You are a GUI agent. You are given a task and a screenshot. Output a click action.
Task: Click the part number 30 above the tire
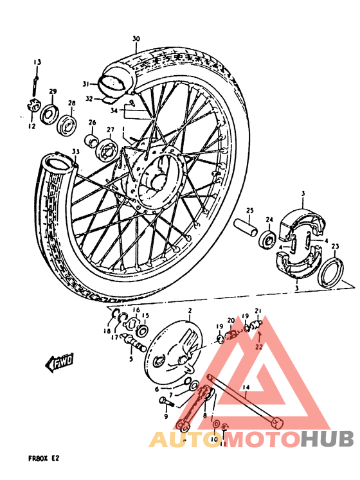[x=136, y=39]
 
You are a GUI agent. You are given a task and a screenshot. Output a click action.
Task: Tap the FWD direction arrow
[x=58, y=364]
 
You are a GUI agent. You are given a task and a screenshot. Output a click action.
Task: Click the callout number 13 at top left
[x=37, y=62]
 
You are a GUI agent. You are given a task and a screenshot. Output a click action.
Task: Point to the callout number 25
[x=250, y=210]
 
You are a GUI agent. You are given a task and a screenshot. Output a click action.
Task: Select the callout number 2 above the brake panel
[x=190, y=311]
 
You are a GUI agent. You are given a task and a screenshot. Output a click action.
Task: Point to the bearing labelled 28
[x=67, y=125]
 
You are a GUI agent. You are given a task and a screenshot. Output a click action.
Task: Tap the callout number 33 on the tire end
[x=76, y=152]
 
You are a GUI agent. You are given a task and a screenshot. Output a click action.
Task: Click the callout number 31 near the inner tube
[x=85, y=84]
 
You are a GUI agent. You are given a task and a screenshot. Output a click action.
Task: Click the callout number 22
[x=259, y=347]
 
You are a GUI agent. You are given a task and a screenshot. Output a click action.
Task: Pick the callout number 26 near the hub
[x=92, y=122]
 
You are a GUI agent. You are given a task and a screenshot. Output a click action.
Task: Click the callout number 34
[x=114, y=111]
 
